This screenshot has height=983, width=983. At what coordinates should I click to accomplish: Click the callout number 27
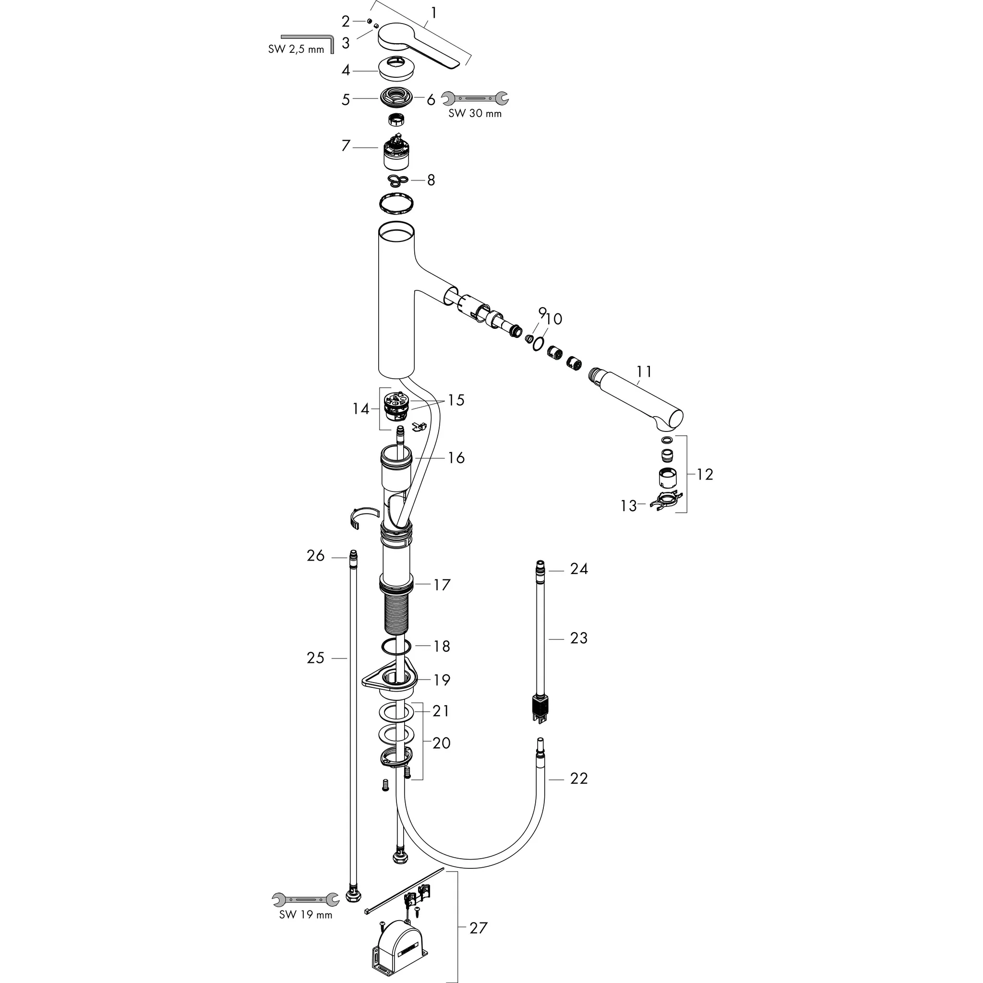478,928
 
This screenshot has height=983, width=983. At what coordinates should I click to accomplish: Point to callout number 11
644,372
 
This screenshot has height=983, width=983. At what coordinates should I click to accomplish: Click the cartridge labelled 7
396,153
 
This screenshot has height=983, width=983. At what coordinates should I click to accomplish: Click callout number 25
315,658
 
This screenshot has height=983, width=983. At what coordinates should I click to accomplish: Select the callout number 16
456,457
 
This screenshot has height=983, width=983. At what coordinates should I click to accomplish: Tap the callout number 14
361,408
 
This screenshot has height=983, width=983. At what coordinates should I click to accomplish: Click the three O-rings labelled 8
397,180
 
